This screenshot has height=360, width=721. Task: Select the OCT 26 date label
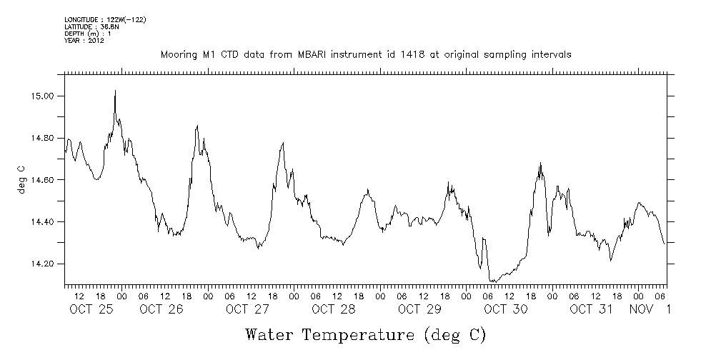(161, 309)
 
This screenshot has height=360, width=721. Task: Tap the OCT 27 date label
(247, 309)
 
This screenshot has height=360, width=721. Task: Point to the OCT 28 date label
(334, 309)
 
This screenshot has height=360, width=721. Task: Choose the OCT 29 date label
(419, 309)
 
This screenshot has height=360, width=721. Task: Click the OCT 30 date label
(506, 309)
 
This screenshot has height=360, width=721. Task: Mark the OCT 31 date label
(592, 309)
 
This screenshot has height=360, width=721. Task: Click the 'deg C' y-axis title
(21, 179)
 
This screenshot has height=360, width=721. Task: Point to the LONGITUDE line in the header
(105, 19)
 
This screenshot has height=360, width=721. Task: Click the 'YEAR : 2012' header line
(84, 41)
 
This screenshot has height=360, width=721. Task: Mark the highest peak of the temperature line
(115, 91)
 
